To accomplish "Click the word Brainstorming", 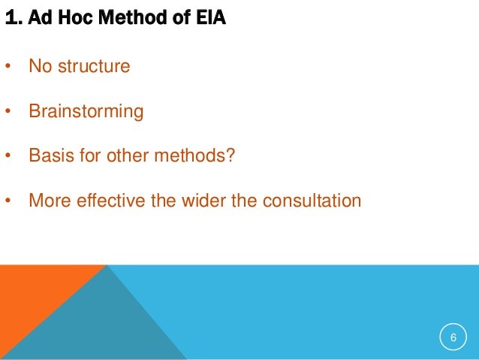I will [86, 112].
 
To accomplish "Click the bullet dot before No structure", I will [8, 68].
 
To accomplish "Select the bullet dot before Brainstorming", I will [8, 113].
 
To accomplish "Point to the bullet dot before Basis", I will [8, 158].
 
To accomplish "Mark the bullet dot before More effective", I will [8, 202].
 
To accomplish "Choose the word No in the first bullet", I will [40, 67].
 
